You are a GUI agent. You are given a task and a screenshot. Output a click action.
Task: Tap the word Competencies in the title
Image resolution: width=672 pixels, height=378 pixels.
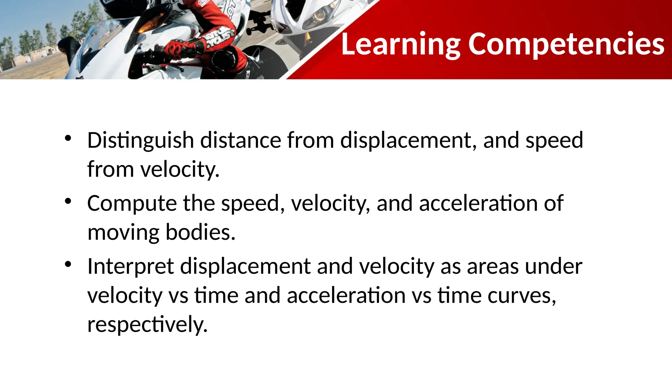pyautogui.click(x=566, y=44)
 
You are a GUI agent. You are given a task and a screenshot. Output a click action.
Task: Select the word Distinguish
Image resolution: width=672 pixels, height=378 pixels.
pyautogui.click(x=141, y=140)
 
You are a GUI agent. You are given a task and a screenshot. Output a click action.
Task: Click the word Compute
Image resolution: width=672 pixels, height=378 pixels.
pyautogui.click(x=132, y=203)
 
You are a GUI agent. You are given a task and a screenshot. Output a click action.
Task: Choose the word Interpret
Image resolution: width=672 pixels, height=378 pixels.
pyautogui.click(x=131, y=266)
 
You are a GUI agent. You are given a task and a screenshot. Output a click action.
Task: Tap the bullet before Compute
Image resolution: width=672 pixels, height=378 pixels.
pyautogui.click(x=68, y=201)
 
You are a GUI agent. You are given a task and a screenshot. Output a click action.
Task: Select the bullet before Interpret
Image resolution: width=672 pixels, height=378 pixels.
pyautogui.click(x=68, y=264)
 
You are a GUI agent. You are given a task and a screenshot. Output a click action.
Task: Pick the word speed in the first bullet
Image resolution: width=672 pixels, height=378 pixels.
pyautogui.click(x=554, y=140)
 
